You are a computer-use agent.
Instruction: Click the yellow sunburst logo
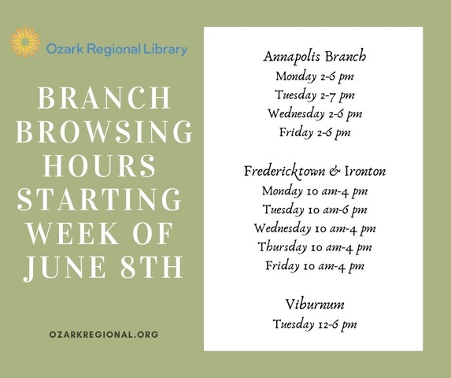(25, 43)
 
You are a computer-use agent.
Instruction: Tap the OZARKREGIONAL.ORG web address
(104, 335)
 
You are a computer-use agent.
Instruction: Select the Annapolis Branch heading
(315, 57)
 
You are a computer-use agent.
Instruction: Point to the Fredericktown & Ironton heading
(315, 172)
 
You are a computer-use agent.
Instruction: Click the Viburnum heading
(315, 305)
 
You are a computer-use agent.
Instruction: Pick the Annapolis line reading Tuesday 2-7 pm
(315, 95)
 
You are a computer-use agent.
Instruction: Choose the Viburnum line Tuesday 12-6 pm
(315, 324)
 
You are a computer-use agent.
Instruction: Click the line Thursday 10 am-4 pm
(315, 247)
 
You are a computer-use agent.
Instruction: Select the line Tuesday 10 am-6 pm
(315, 209)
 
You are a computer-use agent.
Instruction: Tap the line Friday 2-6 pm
(315, 133)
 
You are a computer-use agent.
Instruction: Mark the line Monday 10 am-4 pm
(315, 191)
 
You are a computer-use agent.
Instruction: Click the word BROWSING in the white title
(104, 132)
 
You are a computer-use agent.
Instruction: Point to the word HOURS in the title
(99, 165)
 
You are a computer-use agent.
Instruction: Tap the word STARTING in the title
(99, 199)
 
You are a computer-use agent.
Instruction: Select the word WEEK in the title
(73, 233)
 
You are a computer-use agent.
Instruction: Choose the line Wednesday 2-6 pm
(315, 114)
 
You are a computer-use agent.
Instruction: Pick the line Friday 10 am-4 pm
(315, 266)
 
